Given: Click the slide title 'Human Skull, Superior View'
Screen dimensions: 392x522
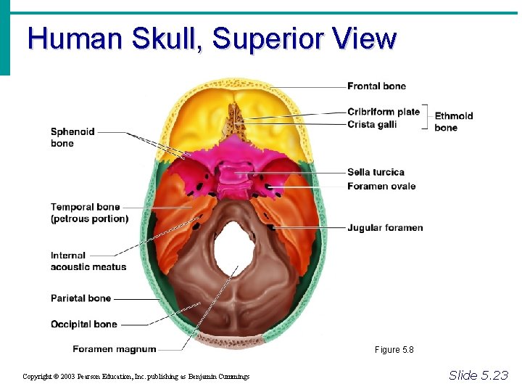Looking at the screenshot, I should click(x=212, y=38).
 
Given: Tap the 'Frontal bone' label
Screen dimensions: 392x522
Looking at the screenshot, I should click(x=376, y=86).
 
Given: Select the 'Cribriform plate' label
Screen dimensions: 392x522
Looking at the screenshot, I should click(x=383, y=112).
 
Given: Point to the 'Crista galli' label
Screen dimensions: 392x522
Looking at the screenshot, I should click(x=371, y=124).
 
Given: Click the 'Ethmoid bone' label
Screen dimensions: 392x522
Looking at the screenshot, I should click(x=453, y=121).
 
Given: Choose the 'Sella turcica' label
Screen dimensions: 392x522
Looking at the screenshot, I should click(x=376, y=172).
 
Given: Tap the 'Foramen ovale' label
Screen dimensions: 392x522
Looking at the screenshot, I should click(x=381, y=186).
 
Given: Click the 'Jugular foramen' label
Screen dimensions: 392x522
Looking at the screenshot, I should click(x=385, y=228).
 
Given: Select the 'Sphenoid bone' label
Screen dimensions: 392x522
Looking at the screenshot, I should click(x=72, y=137).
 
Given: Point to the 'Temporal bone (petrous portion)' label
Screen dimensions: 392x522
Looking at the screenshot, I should click(x=89, y=213).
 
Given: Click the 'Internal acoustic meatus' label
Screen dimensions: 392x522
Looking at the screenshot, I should click(x=88, y=261).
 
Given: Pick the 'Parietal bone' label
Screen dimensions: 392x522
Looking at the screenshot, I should click(x=80, y=298).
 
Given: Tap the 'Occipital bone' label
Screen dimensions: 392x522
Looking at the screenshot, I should click(x=83, y=324).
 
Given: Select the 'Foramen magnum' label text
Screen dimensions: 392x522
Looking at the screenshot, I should click(x=114, y=348).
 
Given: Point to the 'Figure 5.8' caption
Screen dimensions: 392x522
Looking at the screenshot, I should click(x=394, y=350).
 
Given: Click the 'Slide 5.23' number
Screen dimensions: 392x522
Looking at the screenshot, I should click(x=478, y=375).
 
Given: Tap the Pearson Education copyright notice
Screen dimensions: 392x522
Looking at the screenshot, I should click(x=136, y=376).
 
